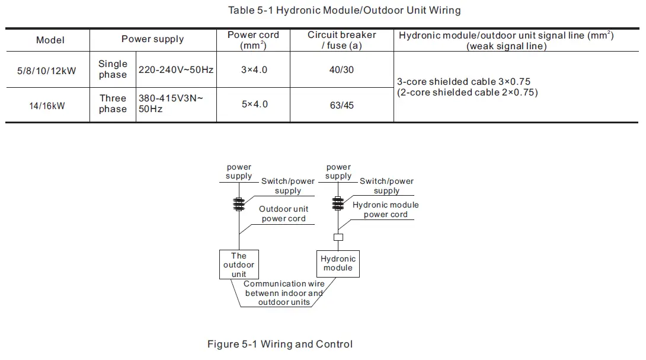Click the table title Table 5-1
pyautogui.click(x=344, y=10)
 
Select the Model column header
pyautogui.click(x=50, y=40)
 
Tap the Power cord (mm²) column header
pyautogui.click(x=253, y=40)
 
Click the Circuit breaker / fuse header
pyautogui.click(x=341, y=40)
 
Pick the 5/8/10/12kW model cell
pyautogui.click(x=47, y=71)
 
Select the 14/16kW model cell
pyautogui.click(x=47, y=106)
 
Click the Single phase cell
pyautogui.click(x=113, y=69)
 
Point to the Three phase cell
pyautogui.click(x=113, y=104)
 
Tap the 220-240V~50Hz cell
pyautogui.click(x=176, y=70)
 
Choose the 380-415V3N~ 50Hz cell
pyautogui.click(x=171, y=104)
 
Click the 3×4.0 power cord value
pyautogui.click(x=254, y=70)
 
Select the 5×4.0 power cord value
pyautogui.click(x=254, y=104)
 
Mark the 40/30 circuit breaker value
pyautogui.click(x=341, y=70)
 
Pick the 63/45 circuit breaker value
pyautogui.click(x=341, y=105)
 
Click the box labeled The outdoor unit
pyautogui.click(x=239, y=265)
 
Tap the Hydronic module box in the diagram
pyautogui.click(x=338, y=263)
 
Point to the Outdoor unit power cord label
pyautogui.click(x=283, y=214)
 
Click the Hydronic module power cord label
pyautogui.click(x=385, y=209)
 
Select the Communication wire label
pyautogui.click(x=284, y=293)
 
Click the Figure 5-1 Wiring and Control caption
pyautogui.click(x=280, y=344)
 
